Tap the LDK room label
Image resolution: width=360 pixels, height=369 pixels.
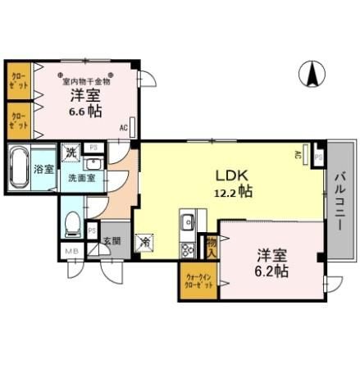(231, 175)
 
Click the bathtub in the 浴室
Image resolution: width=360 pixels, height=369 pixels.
(20, 168)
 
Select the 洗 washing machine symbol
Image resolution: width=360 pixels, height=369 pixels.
(72, 152)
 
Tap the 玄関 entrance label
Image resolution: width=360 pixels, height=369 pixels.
(112, 242)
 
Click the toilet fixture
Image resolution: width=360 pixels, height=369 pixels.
(72, 221)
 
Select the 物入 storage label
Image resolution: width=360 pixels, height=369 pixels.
(212, 245)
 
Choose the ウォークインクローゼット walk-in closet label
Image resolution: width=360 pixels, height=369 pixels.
(197, 280)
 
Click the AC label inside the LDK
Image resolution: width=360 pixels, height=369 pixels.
(298, 154)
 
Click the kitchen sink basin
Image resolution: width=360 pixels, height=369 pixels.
(188, 221)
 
